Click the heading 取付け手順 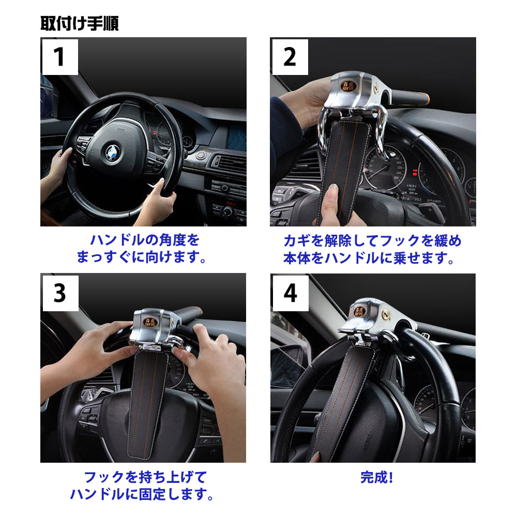click(x=80, y=23)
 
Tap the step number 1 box click(x=60, y=57)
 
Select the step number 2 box click(x=290, y=57)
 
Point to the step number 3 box click(x=60, y=293)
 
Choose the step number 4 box click(x=291, y=293)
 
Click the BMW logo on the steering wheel click(x=113, y=153)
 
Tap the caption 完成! click(x=377, y=477)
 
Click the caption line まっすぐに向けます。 click(x=142, y=257)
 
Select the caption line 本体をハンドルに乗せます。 click(x=369, y=258)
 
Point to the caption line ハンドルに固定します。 click(x=142, y=494)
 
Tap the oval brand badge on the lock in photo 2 click(x=348, y=86)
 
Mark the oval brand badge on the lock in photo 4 click(x=360, y=312)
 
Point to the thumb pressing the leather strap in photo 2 click(x=331, y=200)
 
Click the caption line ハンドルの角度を click(x=145, y=240)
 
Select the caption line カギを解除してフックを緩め click(x=372, y=241)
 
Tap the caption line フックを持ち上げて click(x=145, y=477)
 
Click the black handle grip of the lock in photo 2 click(x=409, y=97)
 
